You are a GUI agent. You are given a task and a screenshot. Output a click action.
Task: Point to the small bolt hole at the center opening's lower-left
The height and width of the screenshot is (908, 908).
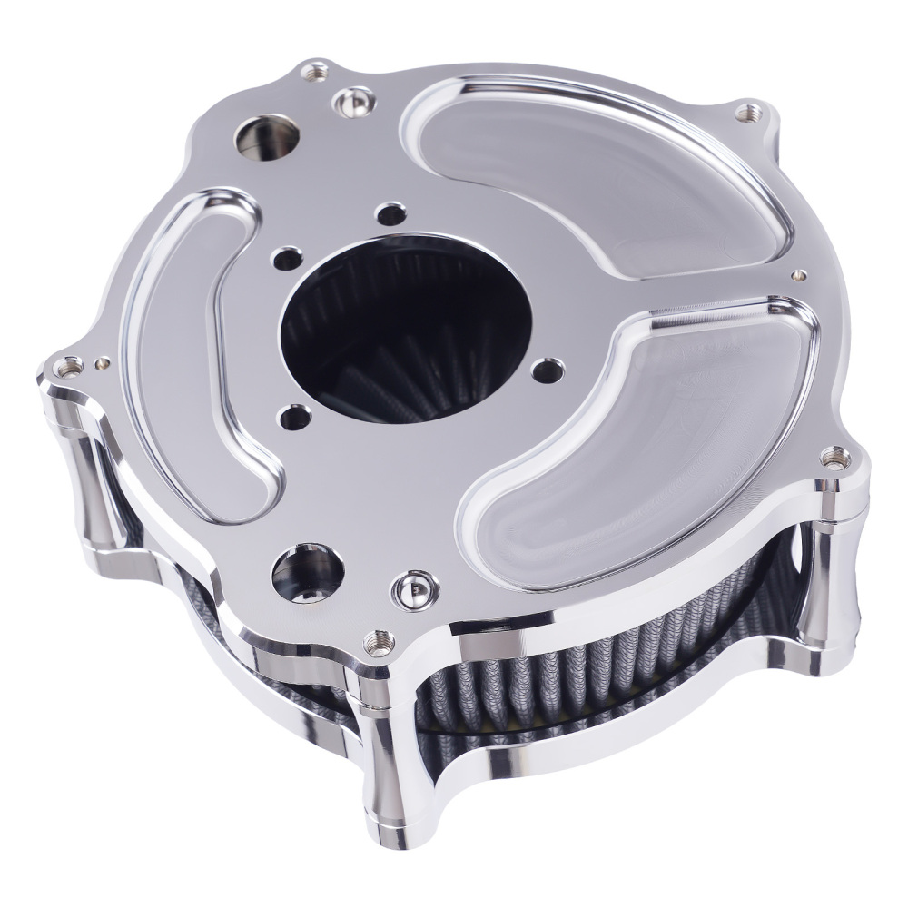click(292, 417)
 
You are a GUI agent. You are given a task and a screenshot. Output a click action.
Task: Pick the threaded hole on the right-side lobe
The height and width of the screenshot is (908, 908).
click(829, 457)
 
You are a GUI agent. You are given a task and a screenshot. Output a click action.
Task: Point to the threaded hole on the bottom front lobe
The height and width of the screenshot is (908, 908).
click(372, 644)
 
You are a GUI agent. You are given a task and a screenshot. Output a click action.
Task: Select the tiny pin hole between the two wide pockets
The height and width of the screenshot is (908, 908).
click(798, 272)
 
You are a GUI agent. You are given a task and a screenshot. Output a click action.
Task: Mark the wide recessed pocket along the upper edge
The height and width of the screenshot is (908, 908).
click(590, 173)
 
